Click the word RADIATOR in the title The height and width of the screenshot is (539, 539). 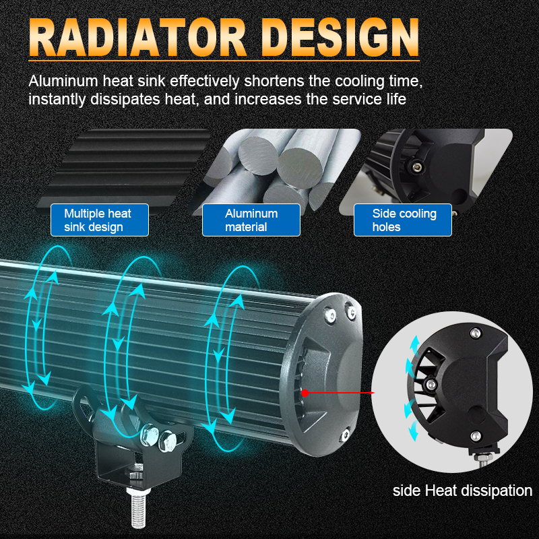click(x=137, y=37)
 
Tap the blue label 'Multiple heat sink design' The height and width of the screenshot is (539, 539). click(x=100, y=220)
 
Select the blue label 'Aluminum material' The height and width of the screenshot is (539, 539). click(x=251, y=220)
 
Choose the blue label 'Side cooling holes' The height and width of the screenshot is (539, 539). click(x=403, y=220)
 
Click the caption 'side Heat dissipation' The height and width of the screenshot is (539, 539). click(x=462, y=490)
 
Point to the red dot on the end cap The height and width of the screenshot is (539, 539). click(x=305, y=393)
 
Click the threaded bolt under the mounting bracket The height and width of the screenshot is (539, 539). click(x=138, y=508)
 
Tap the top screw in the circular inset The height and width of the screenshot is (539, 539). click(x=476, y=333)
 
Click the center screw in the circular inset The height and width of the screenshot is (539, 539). click(x=431, y=384)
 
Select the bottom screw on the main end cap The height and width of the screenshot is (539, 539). click(x=346, y=434)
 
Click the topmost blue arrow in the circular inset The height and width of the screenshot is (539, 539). click(x=415, y=344)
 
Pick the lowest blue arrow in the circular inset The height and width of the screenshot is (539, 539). click(x=414, y=432)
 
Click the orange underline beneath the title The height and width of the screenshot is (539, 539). click(x=224, y=61)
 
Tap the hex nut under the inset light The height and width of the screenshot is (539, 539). click(x=484, y=458)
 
